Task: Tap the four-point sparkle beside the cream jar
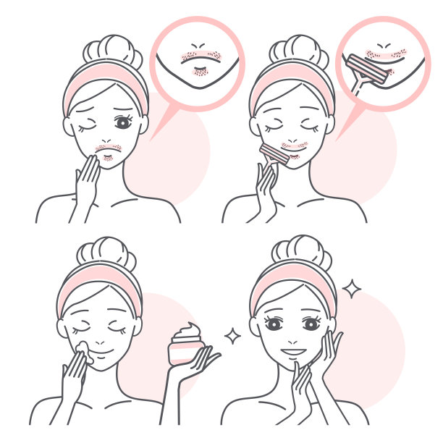232,336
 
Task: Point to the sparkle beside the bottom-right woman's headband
352,290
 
